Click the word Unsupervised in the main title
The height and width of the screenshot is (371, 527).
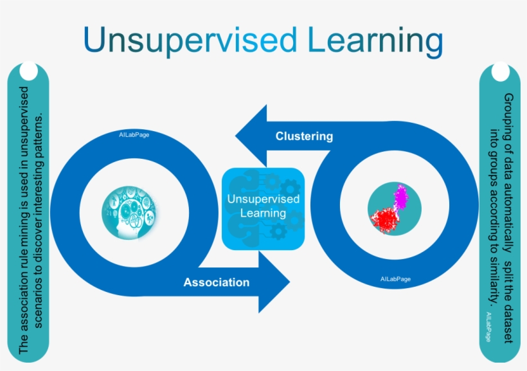point(190,40)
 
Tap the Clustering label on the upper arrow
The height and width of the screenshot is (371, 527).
point(304,136)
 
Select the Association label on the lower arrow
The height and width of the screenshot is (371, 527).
point(217,282)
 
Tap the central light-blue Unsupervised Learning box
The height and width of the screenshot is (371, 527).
point(263,208)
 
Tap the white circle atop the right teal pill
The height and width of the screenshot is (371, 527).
point(499,72)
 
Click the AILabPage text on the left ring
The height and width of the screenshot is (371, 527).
point(134,135)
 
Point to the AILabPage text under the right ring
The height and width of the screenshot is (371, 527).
point(395,279)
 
